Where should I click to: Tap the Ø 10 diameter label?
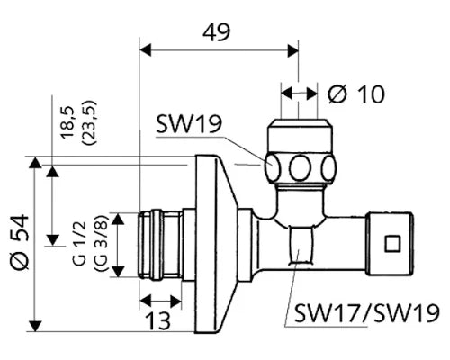[x=355, y=94]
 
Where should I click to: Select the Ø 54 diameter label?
[x=19, y=241]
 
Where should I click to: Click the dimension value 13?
[x=158, y=320]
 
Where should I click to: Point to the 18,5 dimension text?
[x=67, y=122]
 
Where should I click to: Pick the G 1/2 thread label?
[x=80, y=243]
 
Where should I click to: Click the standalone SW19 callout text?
[x=189, y=124]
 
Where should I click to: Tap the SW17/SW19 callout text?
[x=367, y=312]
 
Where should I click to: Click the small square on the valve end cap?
[x=392, y=244]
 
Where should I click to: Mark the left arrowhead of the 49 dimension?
[x=145, y=50]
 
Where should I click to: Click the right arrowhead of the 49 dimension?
[x=293, y=50]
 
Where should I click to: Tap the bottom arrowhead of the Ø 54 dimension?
[x=35, y=326]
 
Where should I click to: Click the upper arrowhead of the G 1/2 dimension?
[x=118, y=219]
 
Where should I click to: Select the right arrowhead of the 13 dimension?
[x=175, y=301]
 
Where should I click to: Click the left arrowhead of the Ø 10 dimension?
[x=287, y=94]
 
